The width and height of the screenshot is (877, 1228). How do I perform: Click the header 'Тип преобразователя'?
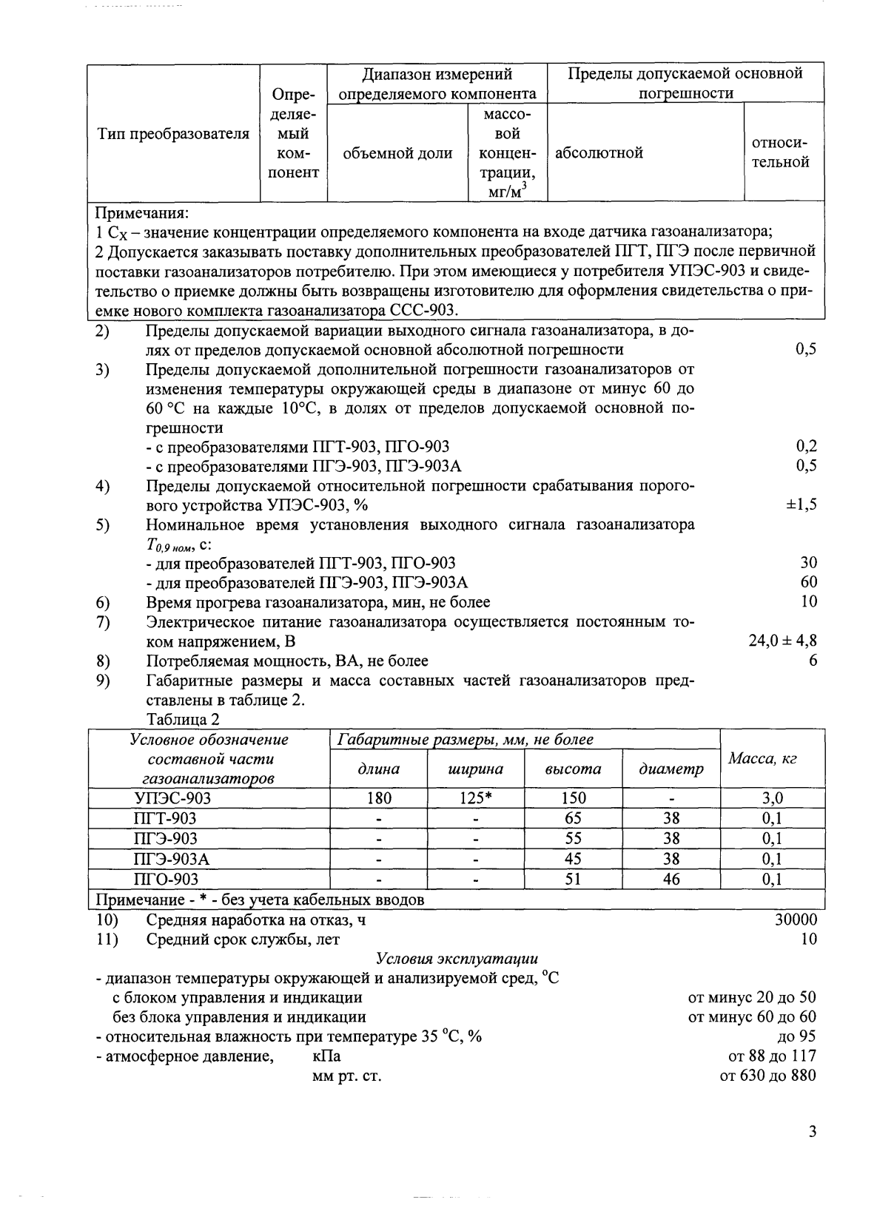click(x=173, y=134)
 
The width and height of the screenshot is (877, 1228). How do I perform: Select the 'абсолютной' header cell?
click(x=599, y=153)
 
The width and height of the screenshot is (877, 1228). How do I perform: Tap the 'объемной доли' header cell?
click(x=398, y=153)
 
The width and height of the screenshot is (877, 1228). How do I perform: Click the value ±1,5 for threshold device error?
click(x=801, y=505)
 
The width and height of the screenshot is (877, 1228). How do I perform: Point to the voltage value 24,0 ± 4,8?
click(x=783, y=641)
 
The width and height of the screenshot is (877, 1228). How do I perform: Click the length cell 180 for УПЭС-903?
click(x=378, y=798)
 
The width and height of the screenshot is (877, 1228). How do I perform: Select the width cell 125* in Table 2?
click(x=476, y=798)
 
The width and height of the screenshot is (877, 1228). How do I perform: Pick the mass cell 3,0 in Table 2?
click(x=772, y=798)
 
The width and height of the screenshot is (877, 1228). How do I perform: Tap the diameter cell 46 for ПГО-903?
click(x=671, y=880)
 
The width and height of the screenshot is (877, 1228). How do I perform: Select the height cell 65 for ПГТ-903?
click(x=573, y=818)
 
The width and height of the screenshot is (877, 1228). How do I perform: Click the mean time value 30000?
click(x=796, y=920)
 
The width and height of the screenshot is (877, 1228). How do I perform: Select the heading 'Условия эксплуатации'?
click(x=457, y=959)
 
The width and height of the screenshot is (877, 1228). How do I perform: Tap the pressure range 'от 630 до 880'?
click(x=767, y=1076)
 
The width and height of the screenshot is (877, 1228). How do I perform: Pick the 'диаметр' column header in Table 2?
click(x=671, y=769)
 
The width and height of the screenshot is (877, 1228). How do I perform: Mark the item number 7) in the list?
click(x=103, y=621)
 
